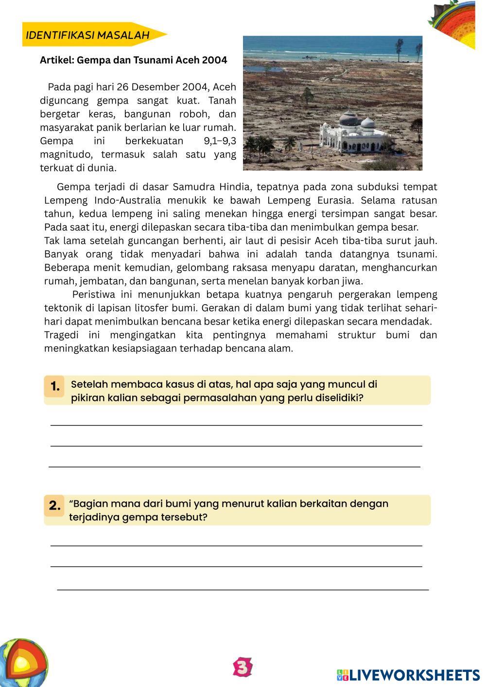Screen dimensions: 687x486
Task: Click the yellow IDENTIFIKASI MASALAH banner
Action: point(90,34)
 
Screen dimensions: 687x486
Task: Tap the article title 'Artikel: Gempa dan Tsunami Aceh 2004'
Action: point(133,60)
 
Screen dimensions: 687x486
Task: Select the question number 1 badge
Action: point(55,386)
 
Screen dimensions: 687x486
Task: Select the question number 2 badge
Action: point(55,505)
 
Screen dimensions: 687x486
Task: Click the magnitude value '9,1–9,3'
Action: point(220,141)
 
